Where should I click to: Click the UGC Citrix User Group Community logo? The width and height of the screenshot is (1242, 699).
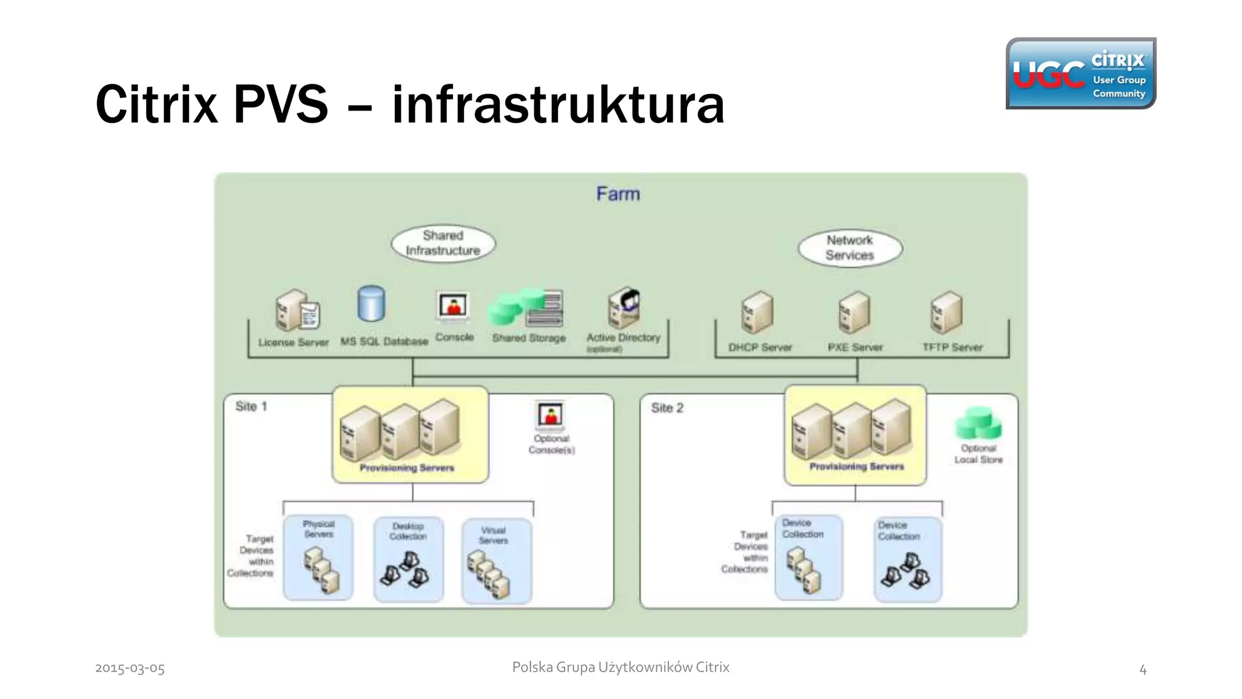(x=1081, y=73)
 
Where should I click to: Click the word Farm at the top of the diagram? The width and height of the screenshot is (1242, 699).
(x=618, y=194)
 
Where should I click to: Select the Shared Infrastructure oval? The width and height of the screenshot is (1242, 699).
(x=443, y=243)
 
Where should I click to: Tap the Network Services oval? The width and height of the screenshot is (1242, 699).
(x=850, y=248)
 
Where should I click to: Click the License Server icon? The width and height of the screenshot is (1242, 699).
(x=297, y=310)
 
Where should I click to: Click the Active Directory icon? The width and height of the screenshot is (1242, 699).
(x=625, y=307)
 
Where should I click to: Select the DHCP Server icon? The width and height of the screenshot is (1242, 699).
(x=757, y=312)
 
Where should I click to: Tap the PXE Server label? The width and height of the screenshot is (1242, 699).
(x=855, y=348)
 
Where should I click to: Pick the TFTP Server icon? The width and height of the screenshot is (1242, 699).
(x=946, y=312)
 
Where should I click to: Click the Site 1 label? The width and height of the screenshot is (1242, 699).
(x=251, y=407)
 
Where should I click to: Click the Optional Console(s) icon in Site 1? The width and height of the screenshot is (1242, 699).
(x=551, y=416)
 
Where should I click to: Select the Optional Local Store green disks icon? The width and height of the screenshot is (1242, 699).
(x=978, y=423)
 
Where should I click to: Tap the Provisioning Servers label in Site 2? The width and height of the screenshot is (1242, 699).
(x=856, y=467)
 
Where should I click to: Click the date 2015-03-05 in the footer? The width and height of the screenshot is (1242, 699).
(x=130, y=668)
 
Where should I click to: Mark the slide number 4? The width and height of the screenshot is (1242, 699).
(x=1143, y=670)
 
